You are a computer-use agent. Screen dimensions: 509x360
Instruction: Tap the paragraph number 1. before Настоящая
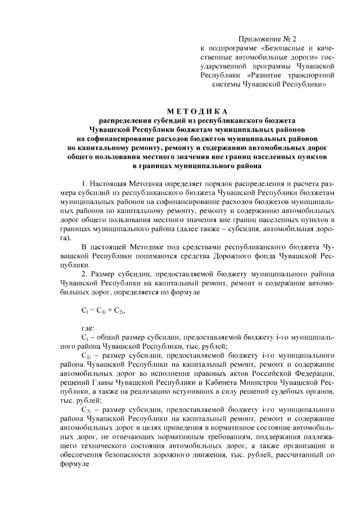point(85,183)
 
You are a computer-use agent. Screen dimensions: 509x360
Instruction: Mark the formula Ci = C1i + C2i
point(100,310)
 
